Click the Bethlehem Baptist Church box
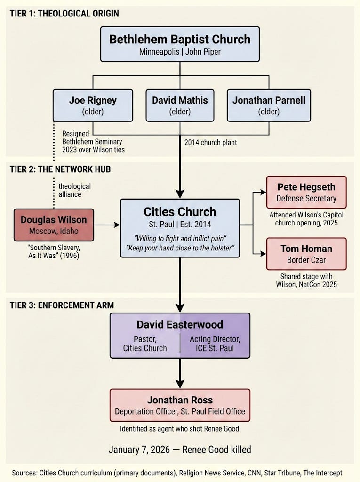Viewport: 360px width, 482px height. click(180, 44)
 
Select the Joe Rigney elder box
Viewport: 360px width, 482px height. click(93, 105)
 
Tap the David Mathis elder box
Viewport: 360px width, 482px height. click(180, 105)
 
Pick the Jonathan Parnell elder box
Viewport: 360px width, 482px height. click(269, 105)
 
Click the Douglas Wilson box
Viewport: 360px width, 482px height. click(54, 225)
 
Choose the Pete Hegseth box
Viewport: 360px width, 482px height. click(306, 192)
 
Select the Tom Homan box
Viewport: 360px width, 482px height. click(306, 254)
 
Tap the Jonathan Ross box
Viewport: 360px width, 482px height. click(180, 405)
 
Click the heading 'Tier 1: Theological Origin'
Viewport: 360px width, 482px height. click(64, 14)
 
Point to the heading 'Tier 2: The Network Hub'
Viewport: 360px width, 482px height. click(60, 169)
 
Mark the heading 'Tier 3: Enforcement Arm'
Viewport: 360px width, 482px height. click(62, 305)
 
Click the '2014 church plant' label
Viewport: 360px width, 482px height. click(211, 142)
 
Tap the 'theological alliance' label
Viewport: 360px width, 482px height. click(74, 190)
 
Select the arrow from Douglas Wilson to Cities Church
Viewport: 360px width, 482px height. click(107, 225)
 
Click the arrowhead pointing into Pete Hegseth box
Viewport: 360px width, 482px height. click(263, 192)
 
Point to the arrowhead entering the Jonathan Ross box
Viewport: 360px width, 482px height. click(180, 384)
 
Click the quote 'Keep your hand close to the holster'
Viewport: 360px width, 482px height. click(180, 248)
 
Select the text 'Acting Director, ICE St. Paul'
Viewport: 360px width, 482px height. click(215, 344)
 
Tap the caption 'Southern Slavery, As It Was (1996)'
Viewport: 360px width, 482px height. click(54, 251)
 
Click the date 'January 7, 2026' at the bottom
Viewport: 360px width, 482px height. click(139, 450)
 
